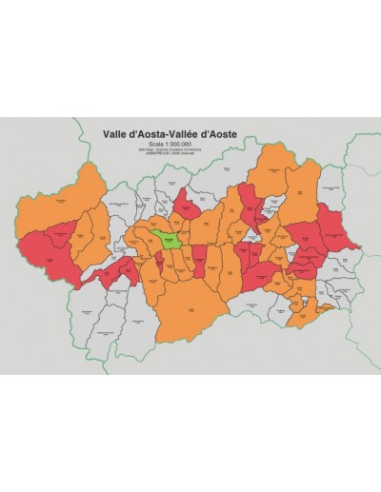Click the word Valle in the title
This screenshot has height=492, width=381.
[x=116, y=134]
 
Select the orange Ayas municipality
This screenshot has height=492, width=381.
[x=303, y=187]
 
